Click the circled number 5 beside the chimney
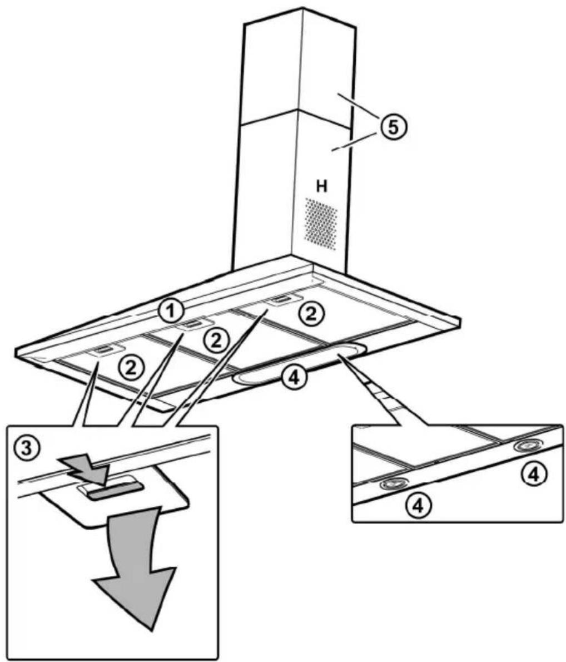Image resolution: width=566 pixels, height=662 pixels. pos(393,127)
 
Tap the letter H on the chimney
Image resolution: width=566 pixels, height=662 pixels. pos(322,186)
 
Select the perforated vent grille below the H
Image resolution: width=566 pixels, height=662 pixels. pos(321,223)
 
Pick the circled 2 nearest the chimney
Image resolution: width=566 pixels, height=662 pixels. pos(311,314)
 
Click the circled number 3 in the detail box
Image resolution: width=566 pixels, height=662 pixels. pos(27,447)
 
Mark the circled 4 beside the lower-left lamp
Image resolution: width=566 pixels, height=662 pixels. pos(418,505)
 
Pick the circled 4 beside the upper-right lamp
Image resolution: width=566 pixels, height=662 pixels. pos(534,475)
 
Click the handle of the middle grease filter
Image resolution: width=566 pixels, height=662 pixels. pos(192,324)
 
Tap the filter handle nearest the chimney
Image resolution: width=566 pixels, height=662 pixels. pos(284,300)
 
